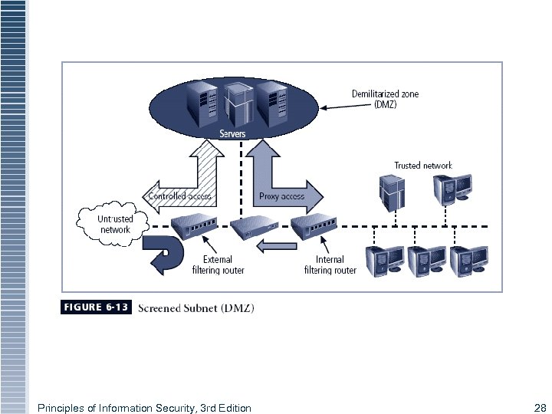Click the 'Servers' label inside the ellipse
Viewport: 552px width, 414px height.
tap(232, 134)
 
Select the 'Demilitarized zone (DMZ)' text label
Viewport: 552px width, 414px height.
tap(385, 100)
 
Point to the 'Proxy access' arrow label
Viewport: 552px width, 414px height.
tap(281, 196)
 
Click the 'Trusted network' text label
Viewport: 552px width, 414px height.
tap(423, 166)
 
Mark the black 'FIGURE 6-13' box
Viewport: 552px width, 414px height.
tap(95, 307)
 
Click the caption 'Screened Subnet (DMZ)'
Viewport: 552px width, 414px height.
tap(195, 308)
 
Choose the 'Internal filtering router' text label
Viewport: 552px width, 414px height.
tap(330, 265)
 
